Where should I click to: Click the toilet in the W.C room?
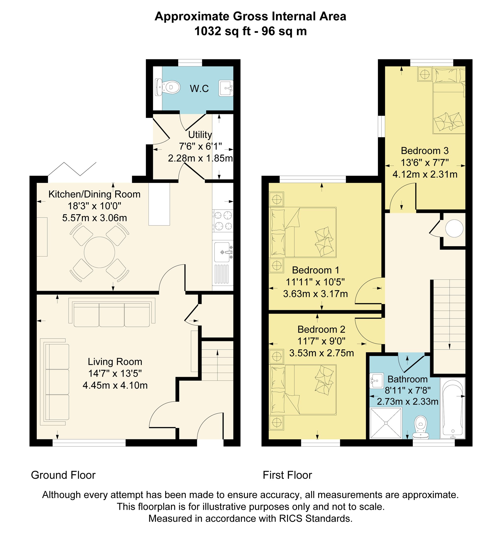[168, 87]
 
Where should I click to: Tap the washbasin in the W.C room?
[226, 88]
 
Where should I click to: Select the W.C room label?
[199, 88]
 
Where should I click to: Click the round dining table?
[99, 252]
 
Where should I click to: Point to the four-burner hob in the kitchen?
[223, 221]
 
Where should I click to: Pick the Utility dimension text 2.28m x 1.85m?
[200, 158]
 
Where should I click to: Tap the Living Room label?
[115, 362]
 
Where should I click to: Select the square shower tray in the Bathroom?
[386, 423]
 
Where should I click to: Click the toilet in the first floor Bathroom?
[421, 427]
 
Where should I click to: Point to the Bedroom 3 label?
[425, 151]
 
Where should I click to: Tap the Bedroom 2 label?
[321, 329]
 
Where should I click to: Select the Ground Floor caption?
[63, 475]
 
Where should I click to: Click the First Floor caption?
[287, 475]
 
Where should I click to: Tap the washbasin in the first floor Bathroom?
[376, 381]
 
